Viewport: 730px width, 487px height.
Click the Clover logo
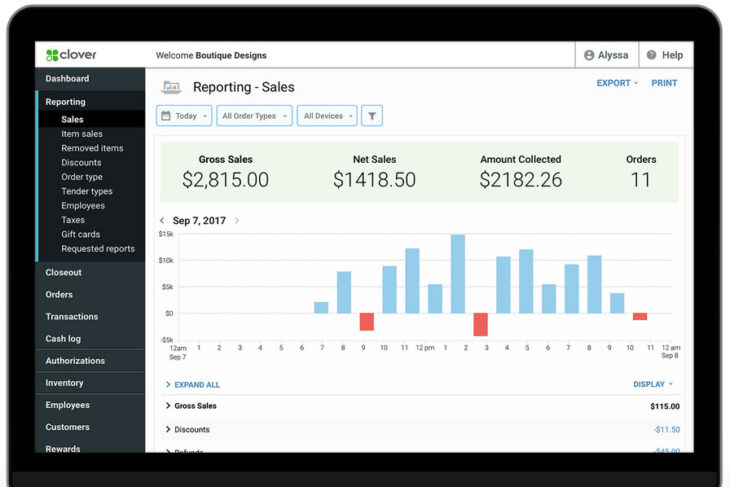point(71,55)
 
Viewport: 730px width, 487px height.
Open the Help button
point(664,55)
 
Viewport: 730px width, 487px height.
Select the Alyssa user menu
point(606,55)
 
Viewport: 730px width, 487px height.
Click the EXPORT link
point(616,83)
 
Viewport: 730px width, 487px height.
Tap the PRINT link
point(664,83)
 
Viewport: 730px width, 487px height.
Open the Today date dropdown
point(184,116)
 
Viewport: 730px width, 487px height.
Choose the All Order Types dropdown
point(254,116)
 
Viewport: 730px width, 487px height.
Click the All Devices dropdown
point(327,116)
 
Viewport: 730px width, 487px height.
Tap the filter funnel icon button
point(371,116)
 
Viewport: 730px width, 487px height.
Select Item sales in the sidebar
point(81,134)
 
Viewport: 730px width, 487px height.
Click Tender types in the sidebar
point(86,191)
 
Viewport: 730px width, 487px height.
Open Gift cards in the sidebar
point(80,234)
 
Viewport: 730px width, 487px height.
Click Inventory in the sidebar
point(64,383)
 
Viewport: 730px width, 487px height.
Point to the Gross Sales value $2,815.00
point(225,180)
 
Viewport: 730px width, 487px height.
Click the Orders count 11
point(640,180)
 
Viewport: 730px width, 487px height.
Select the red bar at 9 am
point(366,321)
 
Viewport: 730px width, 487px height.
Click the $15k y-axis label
point(166,234)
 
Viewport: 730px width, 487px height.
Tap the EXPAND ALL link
point(196,384)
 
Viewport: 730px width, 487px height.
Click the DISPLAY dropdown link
point(652,384)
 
